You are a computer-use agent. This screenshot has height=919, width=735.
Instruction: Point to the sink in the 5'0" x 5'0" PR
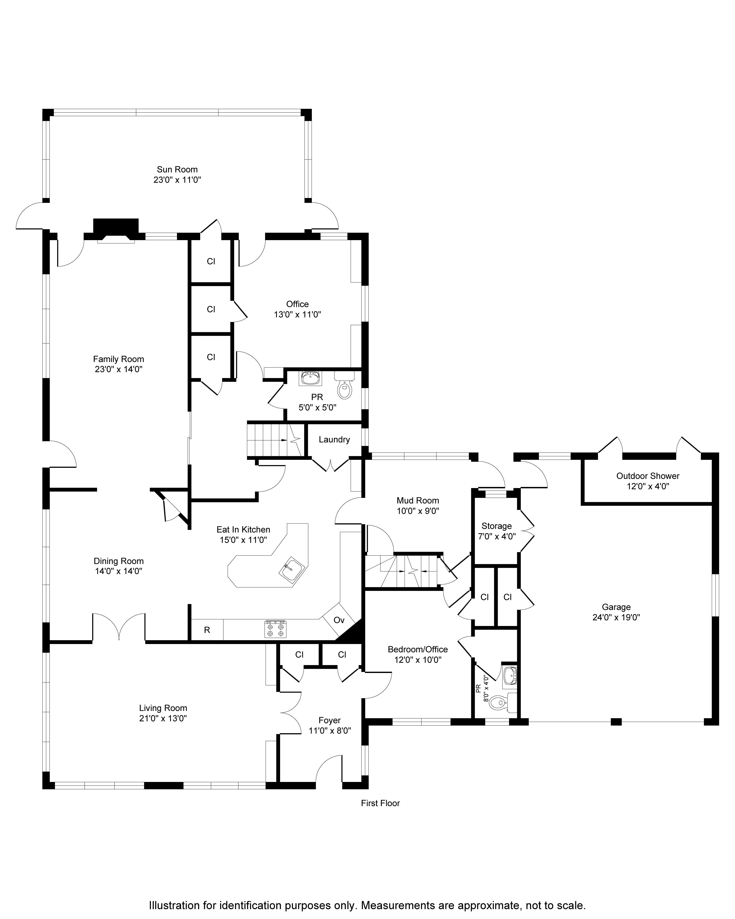[x=310, y=378]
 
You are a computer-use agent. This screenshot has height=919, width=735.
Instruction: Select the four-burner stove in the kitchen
[x=275, y=629]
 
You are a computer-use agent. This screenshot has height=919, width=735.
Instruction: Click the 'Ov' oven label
[x=339, y=620]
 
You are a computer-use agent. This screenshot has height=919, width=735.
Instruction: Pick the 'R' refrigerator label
[x=207, y=630]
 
